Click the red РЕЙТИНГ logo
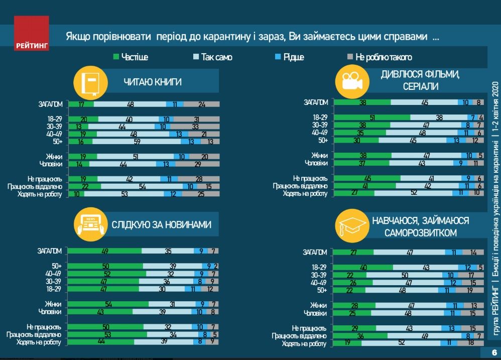pyautogui.click(x=32, y=34)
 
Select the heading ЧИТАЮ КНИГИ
pyautogui.click(x=153, y=82)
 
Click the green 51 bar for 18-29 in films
pyautogui.click(x=372, y=117)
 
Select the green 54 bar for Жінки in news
pyautogui.click(x=108, y=304)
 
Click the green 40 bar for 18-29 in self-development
pyautogui.click(x=363, y=268)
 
